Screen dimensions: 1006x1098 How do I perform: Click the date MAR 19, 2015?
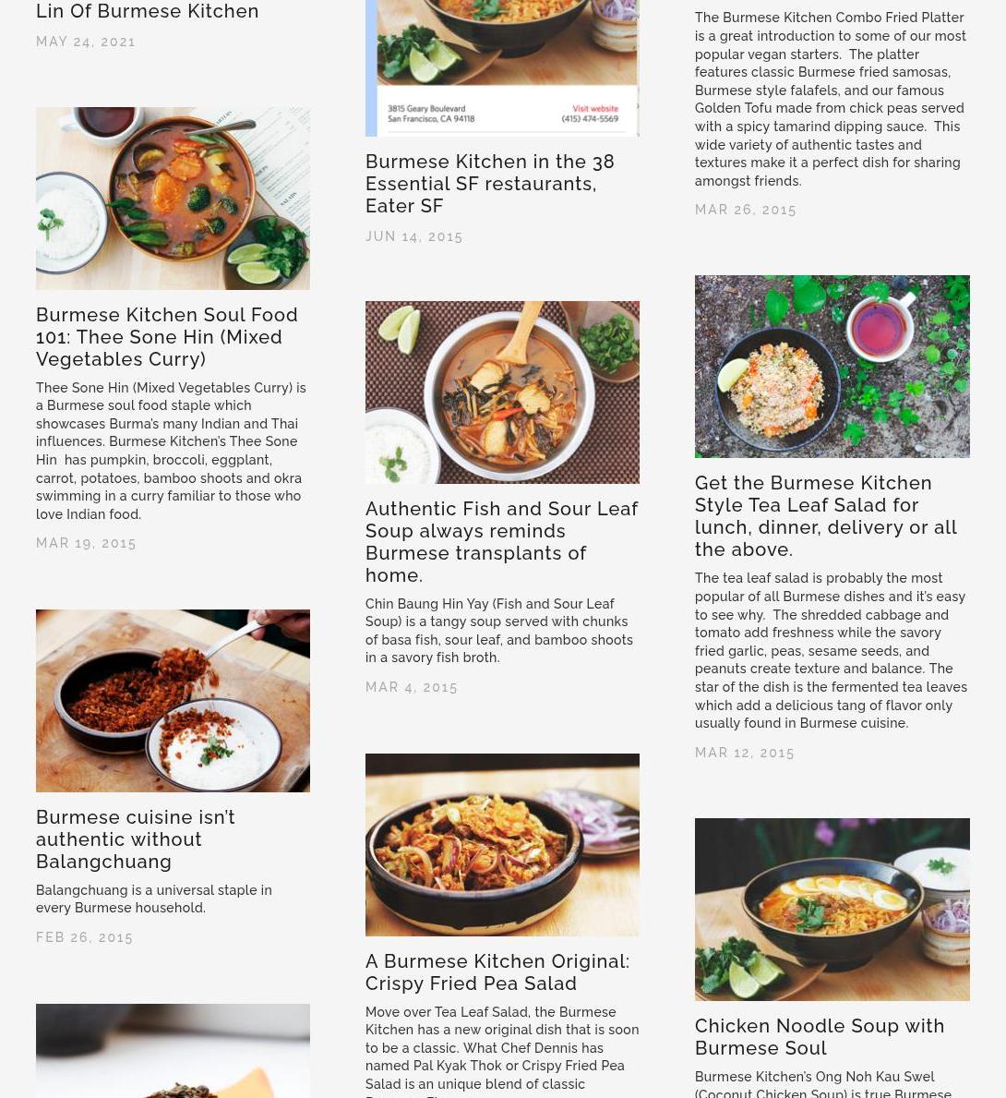point(86,543)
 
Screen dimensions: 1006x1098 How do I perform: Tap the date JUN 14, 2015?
point(413,236)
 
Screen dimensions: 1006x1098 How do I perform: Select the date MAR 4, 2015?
point(411,688)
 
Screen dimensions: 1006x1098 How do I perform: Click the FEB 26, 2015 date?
point(84,937)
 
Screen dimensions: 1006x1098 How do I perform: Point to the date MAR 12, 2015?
point(744,754)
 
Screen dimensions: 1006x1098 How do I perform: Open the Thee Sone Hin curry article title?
point(167,337)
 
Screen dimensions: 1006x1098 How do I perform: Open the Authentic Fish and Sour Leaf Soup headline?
point(501,542)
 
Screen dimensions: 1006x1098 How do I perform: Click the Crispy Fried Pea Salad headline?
point(497,972)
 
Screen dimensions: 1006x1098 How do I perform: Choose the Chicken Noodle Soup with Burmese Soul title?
point(819,1037)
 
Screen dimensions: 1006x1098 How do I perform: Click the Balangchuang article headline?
point(135,839)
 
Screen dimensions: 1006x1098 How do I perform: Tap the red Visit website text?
point(595,109)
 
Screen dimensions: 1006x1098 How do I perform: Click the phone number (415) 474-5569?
point(590,119)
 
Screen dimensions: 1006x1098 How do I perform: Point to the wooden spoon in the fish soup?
point(521,334)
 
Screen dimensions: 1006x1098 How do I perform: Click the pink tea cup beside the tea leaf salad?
point(880,326)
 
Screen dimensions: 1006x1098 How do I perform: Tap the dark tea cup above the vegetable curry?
point(105,123)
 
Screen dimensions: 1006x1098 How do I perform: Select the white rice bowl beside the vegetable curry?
point(70,223)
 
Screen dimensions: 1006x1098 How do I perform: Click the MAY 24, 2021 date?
point(86,42)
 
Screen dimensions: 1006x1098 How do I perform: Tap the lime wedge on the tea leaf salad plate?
point(732,374)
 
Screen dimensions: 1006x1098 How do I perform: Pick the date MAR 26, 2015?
point(746,210)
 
